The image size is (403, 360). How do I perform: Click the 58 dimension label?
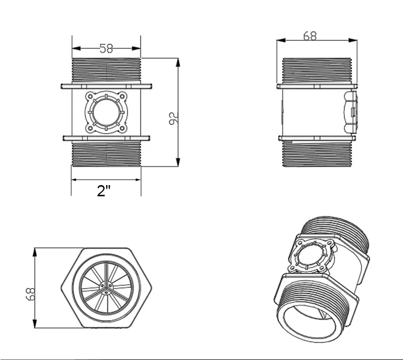pos(106,48)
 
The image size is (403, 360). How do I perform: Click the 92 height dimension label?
pos(173,118)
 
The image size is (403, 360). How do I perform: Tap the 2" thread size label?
pos(104,191)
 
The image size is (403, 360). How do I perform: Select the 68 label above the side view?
pos(310,36)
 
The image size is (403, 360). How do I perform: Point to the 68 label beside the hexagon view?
pos(31,294)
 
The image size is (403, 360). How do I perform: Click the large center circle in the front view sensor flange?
pos(106,112)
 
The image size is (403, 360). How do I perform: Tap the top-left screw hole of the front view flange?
pos(90,96)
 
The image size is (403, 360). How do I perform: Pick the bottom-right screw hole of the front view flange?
pos(122,128)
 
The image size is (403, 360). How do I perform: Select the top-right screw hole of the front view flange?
pos(122,96)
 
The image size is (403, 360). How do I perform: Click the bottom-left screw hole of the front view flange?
pos(90,128)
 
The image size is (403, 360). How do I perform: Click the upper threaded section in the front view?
pos(106,70)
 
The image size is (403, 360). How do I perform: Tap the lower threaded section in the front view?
pos(107,154)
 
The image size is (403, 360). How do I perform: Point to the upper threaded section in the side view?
pos(317,70)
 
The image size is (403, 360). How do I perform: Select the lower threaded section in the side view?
pos(317,154)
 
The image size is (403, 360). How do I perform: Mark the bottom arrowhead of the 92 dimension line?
pos(178,162)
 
